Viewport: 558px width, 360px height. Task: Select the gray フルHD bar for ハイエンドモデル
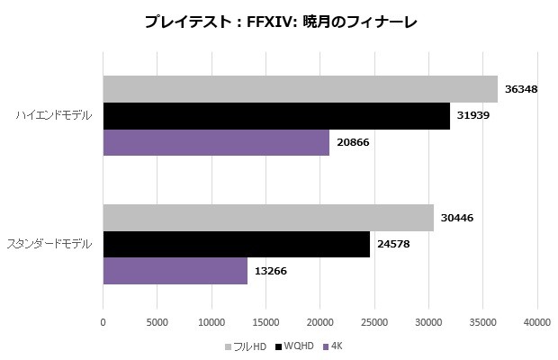300,89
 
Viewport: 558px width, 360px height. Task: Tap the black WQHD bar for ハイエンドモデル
276,116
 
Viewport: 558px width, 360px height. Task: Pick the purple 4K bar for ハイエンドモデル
216,142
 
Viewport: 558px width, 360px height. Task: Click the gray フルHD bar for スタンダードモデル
268,218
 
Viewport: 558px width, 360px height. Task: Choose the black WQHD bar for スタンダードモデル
236,244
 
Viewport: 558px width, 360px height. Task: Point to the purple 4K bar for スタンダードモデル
175,271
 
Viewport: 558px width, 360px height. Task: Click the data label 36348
522,89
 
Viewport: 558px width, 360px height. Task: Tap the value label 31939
474,116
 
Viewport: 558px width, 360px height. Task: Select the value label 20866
354,142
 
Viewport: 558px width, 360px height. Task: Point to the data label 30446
458,218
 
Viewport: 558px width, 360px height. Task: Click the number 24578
394,244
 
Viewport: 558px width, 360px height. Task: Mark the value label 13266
272,271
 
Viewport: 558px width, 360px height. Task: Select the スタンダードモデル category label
50,244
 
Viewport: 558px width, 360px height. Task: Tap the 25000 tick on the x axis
374,321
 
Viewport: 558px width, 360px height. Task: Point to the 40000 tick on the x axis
537,321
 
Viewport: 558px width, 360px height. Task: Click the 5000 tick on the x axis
157,321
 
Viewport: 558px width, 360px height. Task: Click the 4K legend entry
336,346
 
